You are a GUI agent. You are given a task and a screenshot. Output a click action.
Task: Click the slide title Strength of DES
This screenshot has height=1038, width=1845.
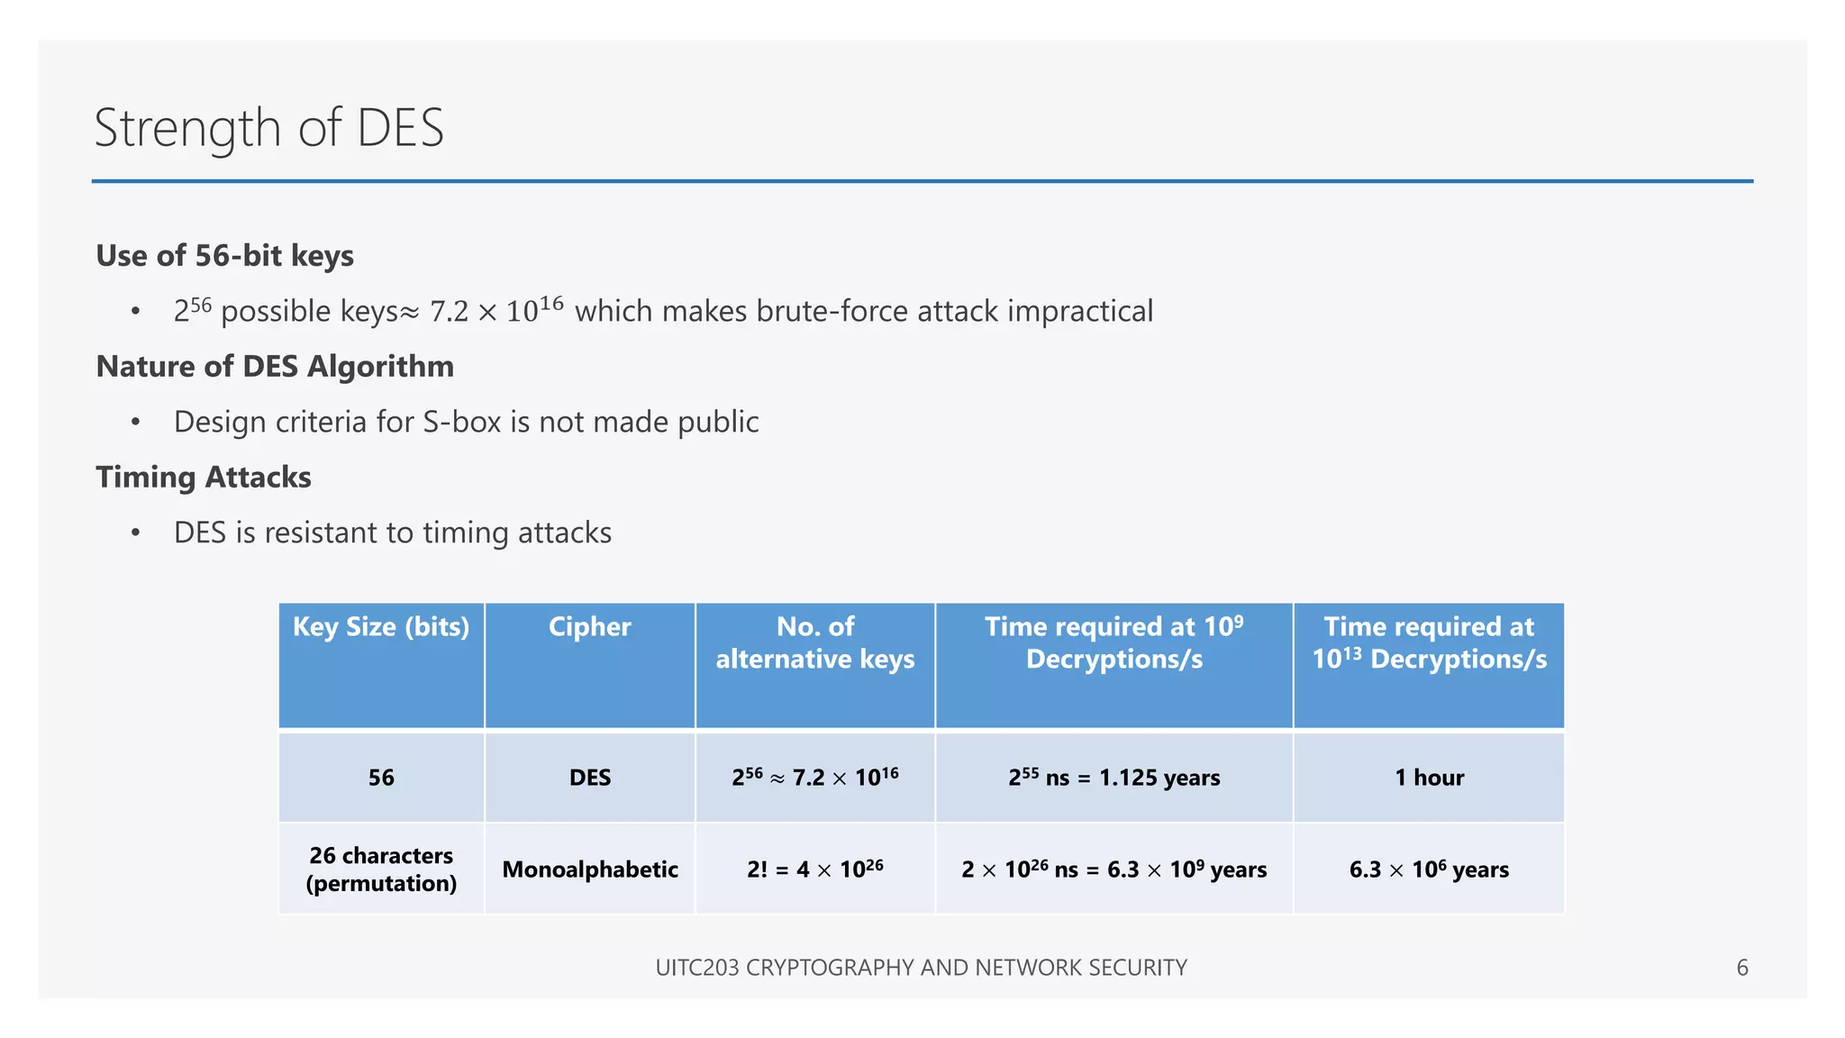pyautogui.click(x=268, y=127)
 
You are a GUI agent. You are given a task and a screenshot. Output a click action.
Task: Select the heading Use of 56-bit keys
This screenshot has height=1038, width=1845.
pyautogui.click(x=224, y=256)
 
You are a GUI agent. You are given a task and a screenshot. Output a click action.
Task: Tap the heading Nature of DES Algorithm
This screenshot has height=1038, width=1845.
pyautogui.click(x=275, y=367)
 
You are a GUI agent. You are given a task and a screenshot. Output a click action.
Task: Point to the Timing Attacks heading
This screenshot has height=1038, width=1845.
pyautogui.click(x=204, y=478)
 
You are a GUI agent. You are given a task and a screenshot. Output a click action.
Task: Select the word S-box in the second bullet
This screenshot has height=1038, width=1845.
pyautogui.click(x=461, y=422)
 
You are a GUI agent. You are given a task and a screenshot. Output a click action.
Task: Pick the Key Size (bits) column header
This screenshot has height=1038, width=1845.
pyautogui.click(x=381, y=627)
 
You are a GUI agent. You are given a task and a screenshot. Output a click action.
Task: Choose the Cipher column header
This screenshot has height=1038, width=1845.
pyautogui.click(x=590, y=627)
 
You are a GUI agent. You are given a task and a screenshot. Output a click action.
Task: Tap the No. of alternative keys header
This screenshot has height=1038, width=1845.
pyautogui.click(x=815, y=643)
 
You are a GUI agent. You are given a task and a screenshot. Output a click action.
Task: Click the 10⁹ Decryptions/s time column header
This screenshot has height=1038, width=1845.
pyautogui.click(x=1114, y=643)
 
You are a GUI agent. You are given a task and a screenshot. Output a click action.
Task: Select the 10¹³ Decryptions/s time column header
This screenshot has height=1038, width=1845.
pyautogui.click(x=1429, y=643)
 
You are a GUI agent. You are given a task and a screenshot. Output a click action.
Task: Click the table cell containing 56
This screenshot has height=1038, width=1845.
pyautogui.click(x=381, y=778)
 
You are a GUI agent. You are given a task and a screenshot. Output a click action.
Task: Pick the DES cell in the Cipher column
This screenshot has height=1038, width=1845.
pyautogui.click(x=590, y=778)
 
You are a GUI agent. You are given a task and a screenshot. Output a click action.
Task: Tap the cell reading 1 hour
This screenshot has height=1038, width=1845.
pyautogui.click(x=1429, y=778)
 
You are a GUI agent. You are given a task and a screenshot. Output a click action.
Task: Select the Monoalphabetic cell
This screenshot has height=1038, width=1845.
pyautogui.click(x=590, y=870)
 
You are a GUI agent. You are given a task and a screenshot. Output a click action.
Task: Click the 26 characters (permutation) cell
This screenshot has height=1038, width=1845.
pyautogui.click(x=381, y=870)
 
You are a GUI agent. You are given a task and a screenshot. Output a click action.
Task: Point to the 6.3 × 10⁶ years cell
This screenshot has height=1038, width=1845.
pyautogui.click(x=1429, y=870)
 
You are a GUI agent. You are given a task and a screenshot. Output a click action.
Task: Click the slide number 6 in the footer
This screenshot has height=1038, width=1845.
pyautogui.click(x=1742, y=968)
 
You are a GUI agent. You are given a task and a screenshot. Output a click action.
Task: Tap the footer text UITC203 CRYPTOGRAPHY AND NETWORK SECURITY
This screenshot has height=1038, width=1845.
pyautogui.click(x=921, y=968)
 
